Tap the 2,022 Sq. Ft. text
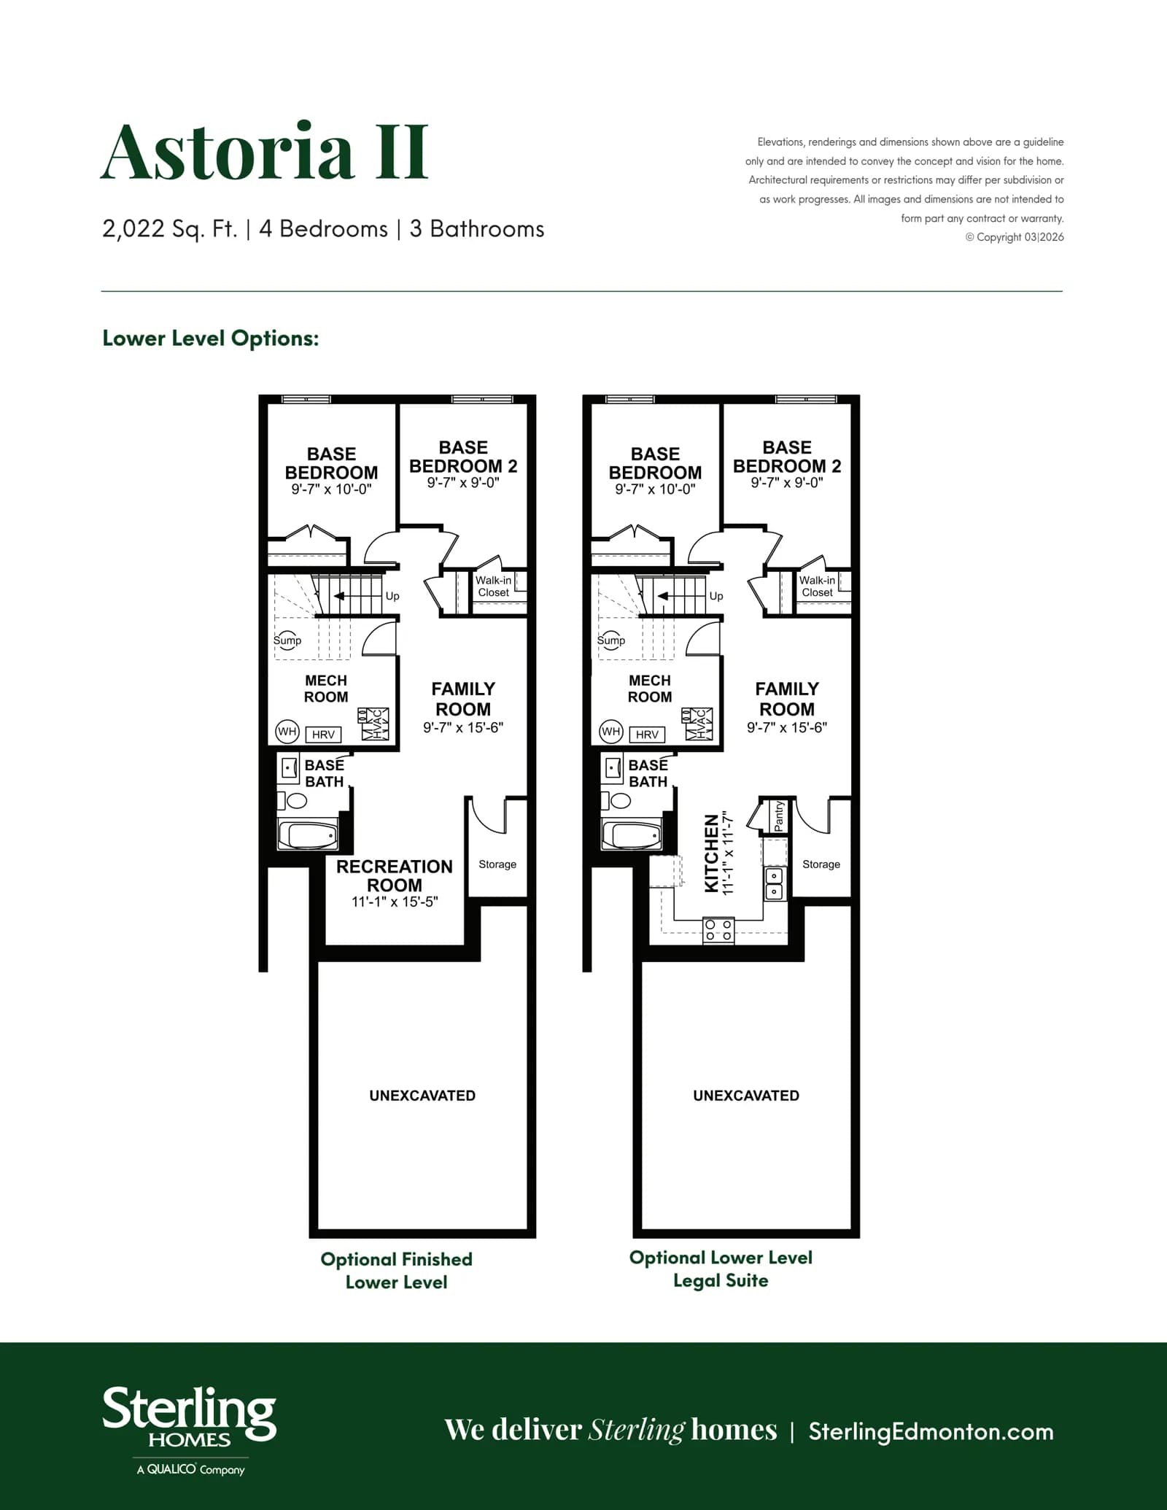pyautogui.click(x=170, y=229)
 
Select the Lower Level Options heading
pyautogui.click(x=211, y=338)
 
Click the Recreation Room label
pyautogui.click(x=395, y=875)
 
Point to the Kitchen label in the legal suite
pyautogui.click(x=712, y=853)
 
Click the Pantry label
pyautogui.click(x=778, y=816)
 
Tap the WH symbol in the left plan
pyautogui.click(x=287, y=731)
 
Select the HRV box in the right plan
pyautogui.click(x=647, y=735)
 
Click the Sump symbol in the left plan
pyautogui.click(x=287, y=640)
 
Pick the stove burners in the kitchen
pyautogui.click(x=718, y=930)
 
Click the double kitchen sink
pyautogui.click(x=774, y=883)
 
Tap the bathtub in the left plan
pyautogui.click(x=309, y=835)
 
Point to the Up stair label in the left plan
pyautogui.click(x=392, y=596)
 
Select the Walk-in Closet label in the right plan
pyautogui.click(x=817, y=586)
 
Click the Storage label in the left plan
pyautogui.click(x=497, y=864)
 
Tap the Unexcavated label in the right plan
pyautogui.click(x=746, y=1096)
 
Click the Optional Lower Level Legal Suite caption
pyautogui.click(x=721, y=1269)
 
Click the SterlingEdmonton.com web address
pyautogui.click(x=931, y=1432)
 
